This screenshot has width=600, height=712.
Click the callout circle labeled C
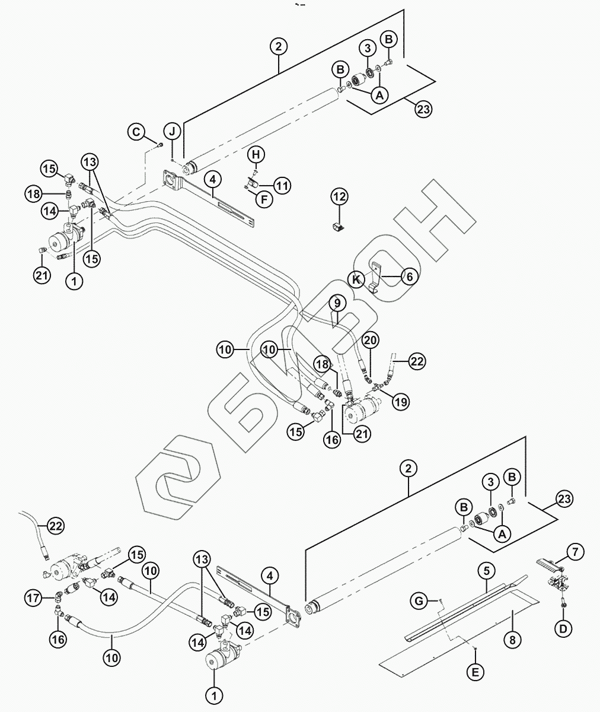(x=137, y=131)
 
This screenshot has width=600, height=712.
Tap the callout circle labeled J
(x=171, y=131)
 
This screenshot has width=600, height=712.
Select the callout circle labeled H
(x=255, y=155)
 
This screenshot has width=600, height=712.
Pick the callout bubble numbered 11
(x=282, y=186)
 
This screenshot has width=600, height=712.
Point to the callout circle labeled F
(x=264, y=199)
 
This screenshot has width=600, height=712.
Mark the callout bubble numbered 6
(x=409, y=276)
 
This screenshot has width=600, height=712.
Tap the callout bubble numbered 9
(x=336, y=303)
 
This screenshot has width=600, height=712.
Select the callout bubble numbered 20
(x=371, y=340)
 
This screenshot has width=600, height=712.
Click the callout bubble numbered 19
(x=401, y=402)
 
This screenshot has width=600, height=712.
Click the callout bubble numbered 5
(x=486, y=571)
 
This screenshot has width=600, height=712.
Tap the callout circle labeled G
(x=419, y=601)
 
